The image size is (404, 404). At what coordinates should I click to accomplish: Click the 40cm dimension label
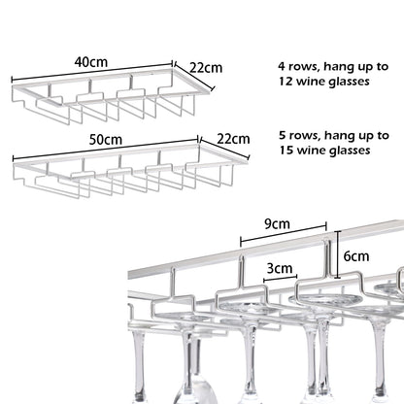[x=91, y=62]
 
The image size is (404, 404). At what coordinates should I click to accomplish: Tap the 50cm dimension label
[x=106, y=140]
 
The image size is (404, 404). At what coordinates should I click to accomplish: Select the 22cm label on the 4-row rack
[x=206, y=68]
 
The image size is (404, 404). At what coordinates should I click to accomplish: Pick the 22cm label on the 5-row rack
[x=233, y=139]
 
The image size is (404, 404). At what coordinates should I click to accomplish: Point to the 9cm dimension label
[x=277, y=224]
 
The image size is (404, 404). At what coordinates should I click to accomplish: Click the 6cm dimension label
[x=356, y=256]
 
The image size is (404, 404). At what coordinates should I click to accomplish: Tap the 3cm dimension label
[x=280, y=268]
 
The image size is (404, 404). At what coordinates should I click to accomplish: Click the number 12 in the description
[x=286, y=81]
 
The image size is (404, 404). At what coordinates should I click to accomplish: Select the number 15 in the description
[x=286, y=151]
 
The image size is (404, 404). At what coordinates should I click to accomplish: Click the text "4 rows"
[x=299, y=67]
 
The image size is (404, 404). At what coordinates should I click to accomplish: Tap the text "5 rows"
[x=300, y=135]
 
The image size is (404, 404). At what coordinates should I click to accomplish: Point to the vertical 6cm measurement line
[x=338, y=254]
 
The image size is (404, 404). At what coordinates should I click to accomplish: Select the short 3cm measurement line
[x=281, y=279]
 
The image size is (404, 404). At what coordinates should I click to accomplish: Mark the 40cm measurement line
[x=92, y=70]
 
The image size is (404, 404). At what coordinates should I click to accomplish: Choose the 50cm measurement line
[x=106, y=149]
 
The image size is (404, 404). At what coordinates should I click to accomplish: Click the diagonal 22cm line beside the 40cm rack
[x=195, y=78]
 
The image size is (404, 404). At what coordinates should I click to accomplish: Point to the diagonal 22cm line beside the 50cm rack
[x=225, y=149]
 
